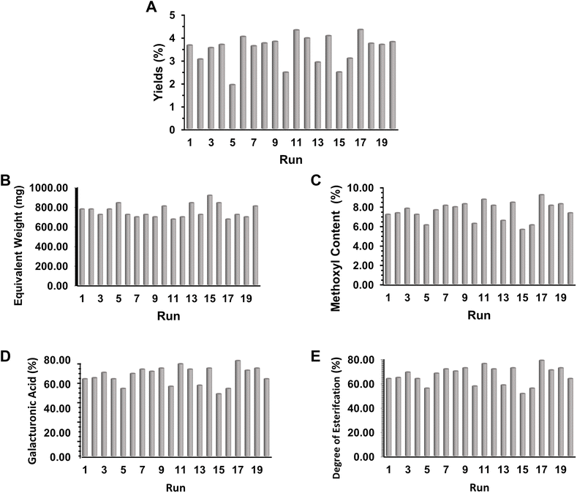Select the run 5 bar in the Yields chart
[x=232, y=107]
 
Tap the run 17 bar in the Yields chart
[x=361, y=79]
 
